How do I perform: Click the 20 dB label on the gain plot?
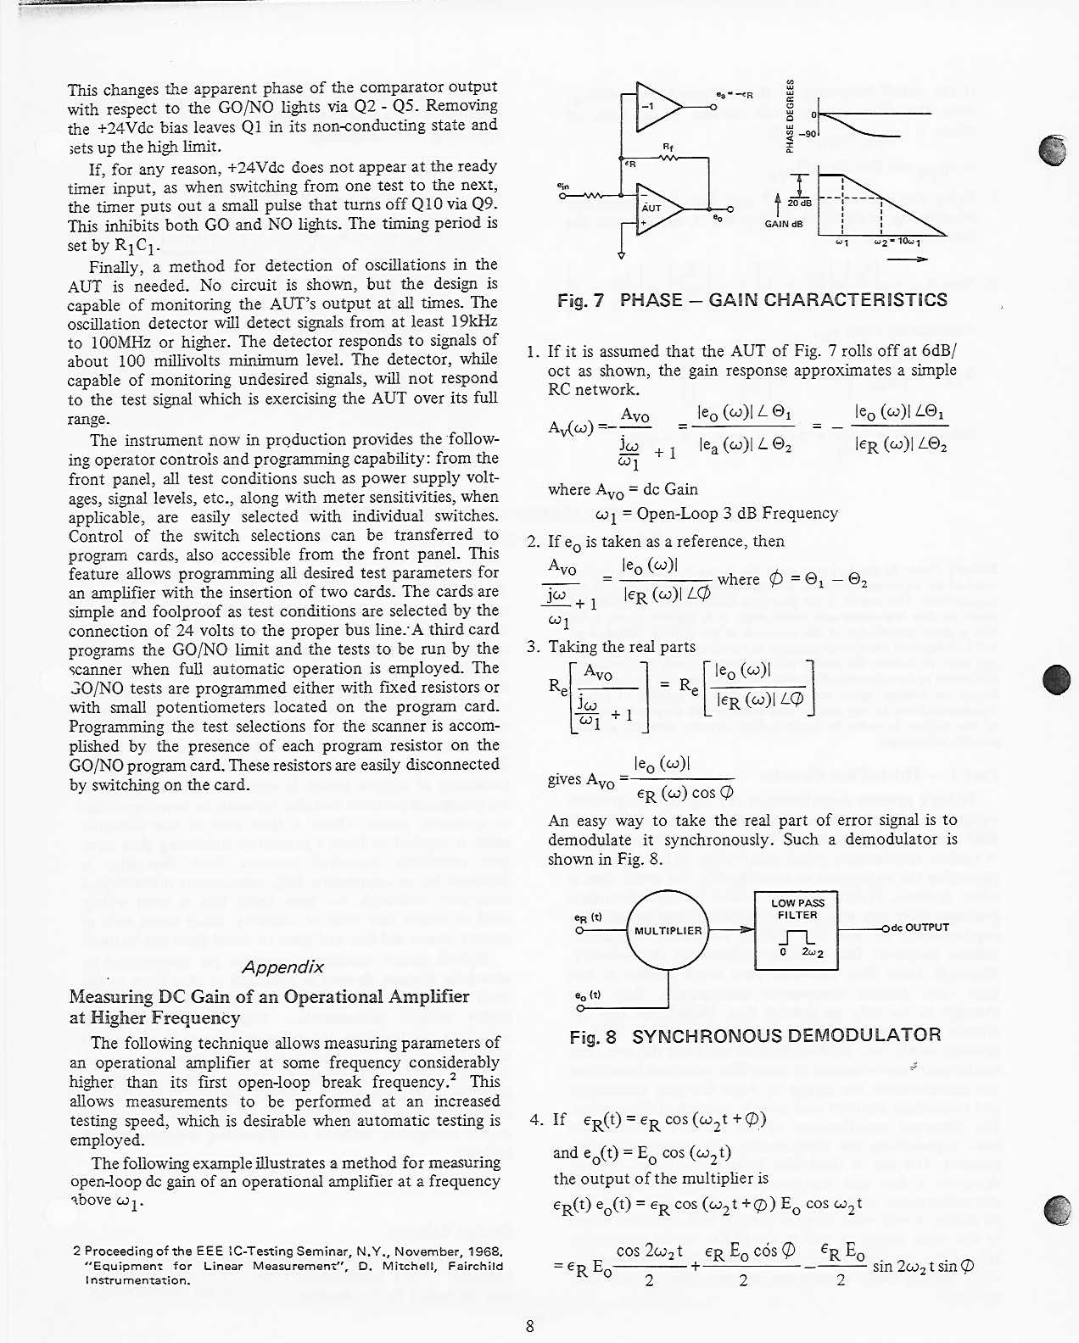[799, 203]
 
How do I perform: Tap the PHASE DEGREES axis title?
[789, 117]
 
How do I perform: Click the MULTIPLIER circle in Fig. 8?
[668, 930]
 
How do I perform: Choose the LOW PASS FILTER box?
[797, 930]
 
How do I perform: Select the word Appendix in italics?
[283, 967]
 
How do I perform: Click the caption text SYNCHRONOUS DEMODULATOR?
[786, 1035]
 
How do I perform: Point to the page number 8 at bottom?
[530, 1327]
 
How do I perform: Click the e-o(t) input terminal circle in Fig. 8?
[579, 1008]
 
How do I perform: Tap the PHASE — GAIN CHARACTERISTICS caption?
[783, 300]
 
